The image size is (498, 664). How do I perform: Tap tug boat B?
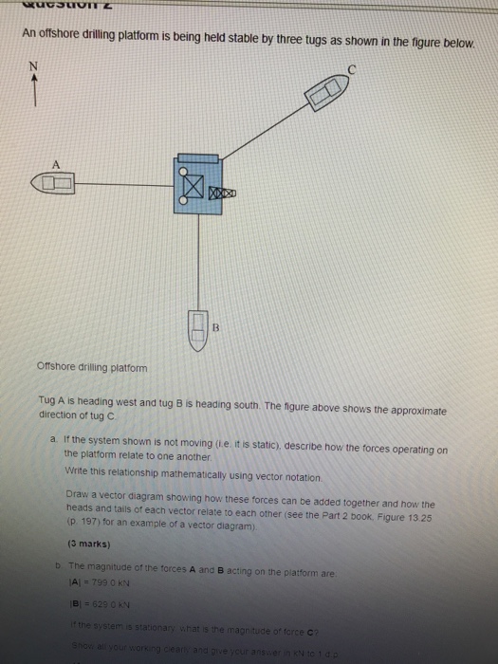[198, 330]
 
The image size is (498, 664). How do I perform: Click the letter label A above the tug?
[57, 162]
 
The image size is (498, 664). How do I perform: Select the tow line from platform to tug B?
[197, 256]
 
